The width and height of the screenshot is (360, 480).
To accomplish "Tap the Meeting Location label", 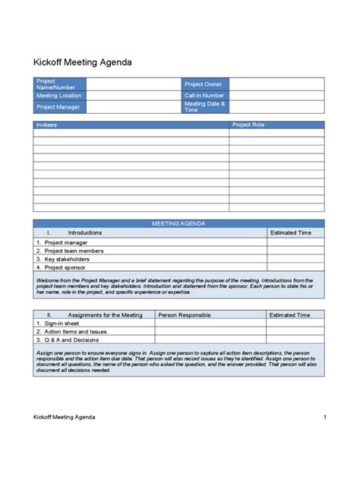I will pos(58,96).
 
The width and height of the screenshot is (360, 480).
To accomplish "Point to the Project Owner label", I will pos(203,84).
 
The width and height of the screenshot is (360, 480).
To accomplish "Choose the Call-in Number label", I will pos(204,96).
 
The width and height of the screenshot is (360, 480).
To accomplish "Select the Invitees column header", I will pos(46,125).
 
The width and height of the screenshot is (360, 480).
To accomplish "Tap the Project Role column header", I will pos(248,125).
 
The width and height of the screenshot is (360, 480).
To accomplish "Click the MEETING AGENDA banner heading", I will pos(178,224).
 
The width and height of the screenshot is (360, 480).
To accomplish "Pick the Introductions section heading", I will pos(84,233).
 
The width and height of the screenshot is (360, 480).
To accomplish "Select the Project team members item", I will pos(74,251).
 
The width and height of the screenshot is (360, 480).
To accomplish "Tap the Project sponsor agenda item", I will pos(67,267).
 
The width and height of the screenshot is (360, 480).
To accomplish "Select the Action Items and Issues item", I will pos(75,332).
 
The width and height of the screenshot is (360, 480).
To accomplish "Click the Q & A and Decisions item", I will pos(73,340).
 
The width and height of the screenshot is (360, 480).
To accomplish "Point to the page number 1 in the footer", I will pos(324,417).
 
